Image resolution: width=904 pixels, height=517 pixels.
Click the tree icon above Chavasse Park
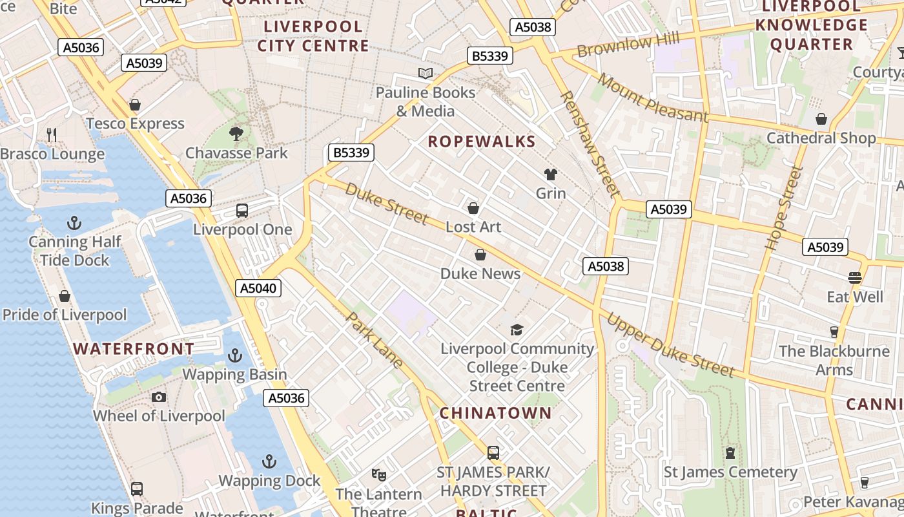[236, 134]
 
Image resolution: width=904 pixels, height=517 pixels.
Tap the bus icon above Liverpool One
[242, 211]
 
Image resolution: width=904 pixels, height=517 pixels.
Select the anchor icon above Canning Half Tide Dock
[74, 224]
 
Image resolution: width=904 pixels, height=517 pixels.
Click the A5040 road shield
[259, 288]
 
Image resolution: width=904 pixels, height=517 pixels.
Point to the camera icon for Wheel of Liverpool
[159, 397]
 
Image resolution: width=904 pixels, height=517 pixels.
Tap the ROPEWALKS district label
[482, 142]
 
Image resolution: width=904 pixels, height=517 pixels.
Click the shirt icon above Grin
[550, 174]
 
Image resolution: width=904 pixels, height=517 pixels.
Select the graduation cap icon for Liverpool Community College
[516, 330]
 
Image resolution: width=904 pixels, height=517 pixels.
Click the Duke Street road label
[386, 204]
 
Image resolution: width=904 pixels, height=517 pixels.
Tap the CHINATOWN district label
[496, 413]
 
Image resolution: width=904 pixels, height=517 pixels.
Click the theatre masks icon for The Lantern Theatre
[379, 475]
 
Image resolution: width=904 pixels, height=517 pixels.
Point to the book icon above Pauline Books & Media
[425, 74]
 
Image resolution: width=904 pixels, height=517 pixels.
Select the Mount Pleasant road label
[652, 98]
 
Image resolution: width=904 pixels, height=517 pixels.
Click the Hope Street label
[783, 208]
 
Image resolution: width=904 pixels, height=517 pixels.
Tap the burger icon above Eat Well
[855, 278]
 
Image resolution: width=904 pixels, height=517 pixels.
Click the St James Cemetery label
[730, 472]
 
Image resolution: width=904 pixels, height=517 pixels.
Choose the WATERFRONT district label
[133, 349]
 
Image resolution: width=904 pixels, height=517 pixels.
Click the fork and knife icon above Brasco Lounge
[52, 134]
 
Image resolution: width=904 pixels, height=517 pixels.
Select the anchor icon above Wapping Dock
[269, 461]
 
